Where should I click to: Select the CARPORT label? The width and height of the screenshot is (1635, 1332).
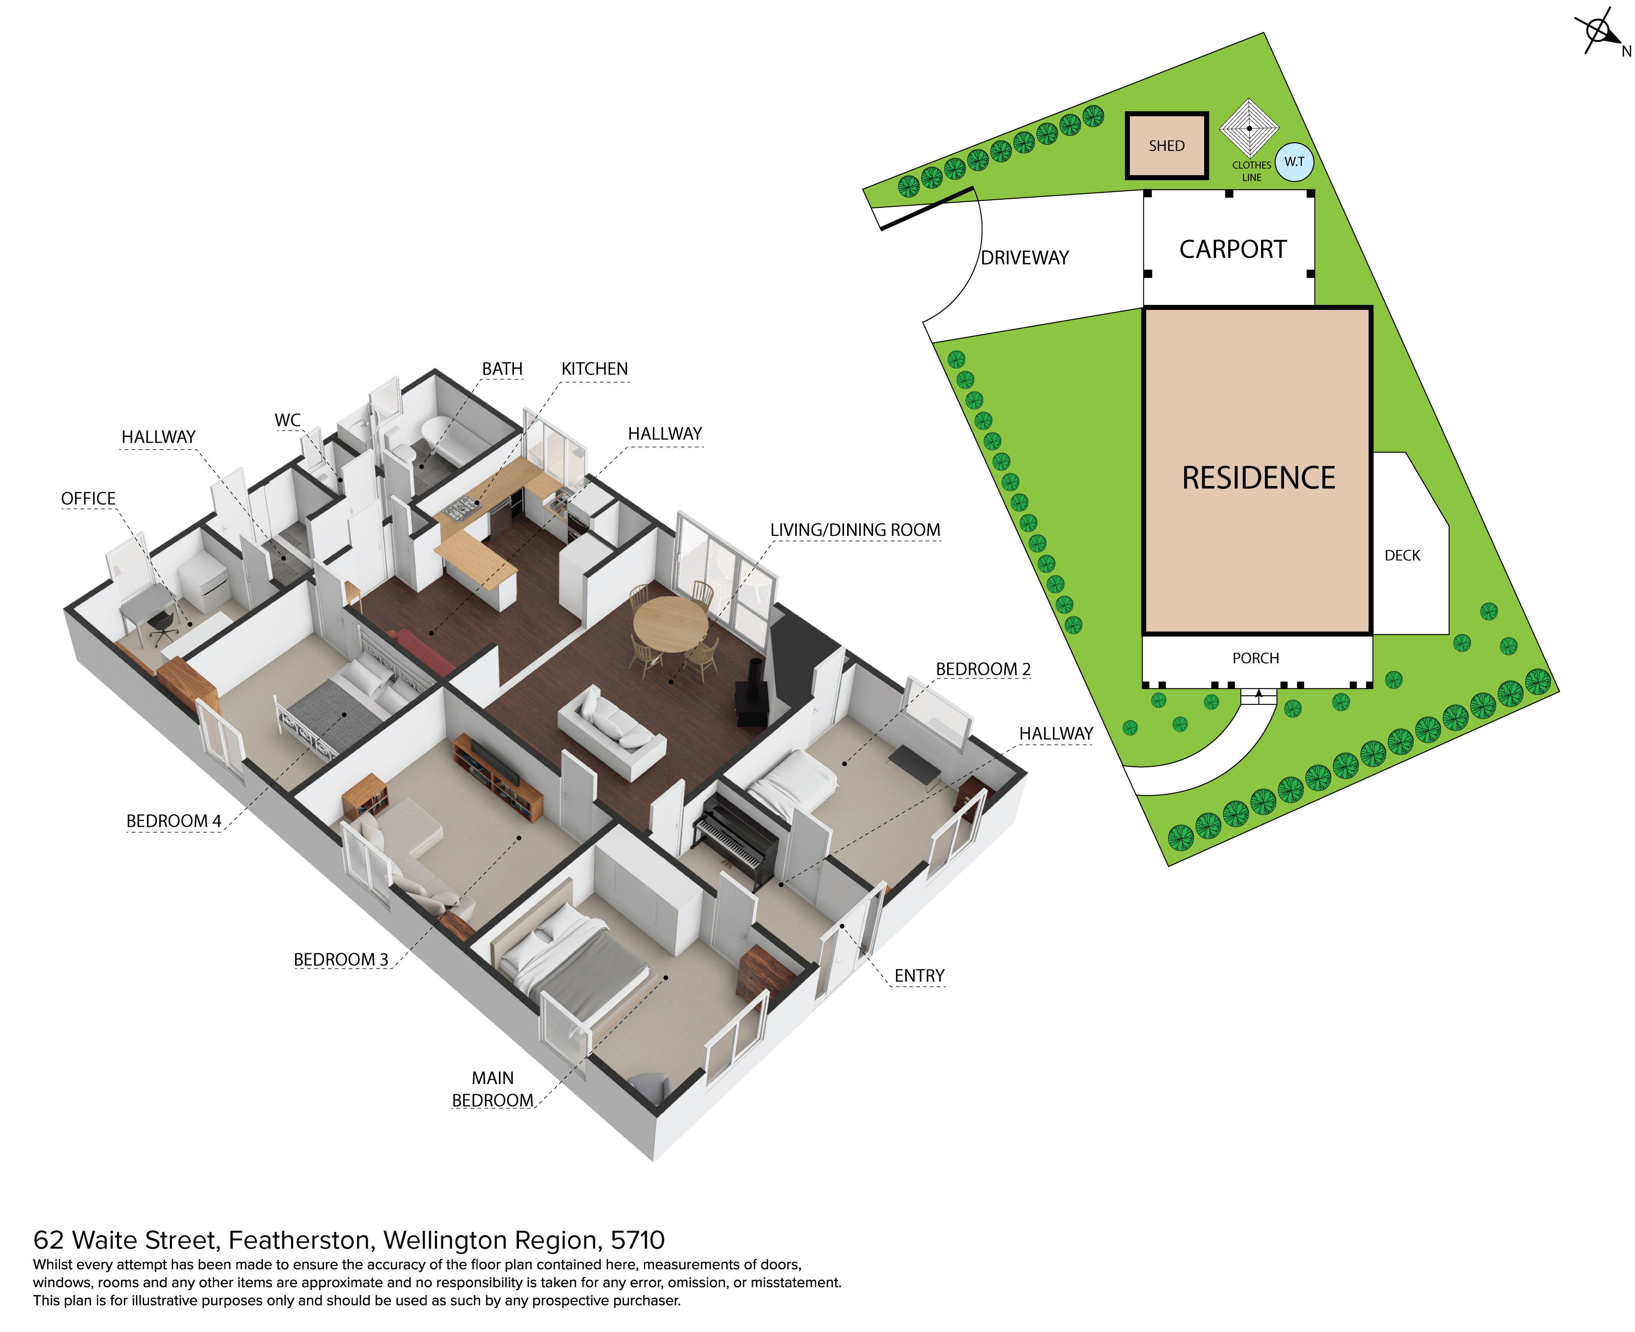[x=1232, y=249]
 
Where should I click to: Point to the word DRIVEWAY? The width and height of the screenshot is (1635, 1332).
[x=1024, y=258]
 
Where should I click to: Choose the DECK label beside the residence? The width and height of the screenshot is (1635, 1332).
[x=1402, y=556]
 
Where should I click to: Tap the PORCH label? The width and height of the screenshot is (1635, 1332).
[x=1255, y=658]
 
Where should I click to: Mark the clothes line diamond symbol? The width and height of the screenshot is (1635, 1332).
[x=1249, y=128]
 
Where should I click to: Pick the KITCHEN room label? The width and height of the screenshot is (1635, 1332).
[x=594, y=369]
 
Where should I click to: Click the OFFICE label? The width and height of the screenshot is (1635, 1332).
[x=88, y=499]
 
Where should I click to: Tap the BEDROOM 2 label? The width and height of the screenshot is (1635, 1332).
[x=983, y=669]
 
